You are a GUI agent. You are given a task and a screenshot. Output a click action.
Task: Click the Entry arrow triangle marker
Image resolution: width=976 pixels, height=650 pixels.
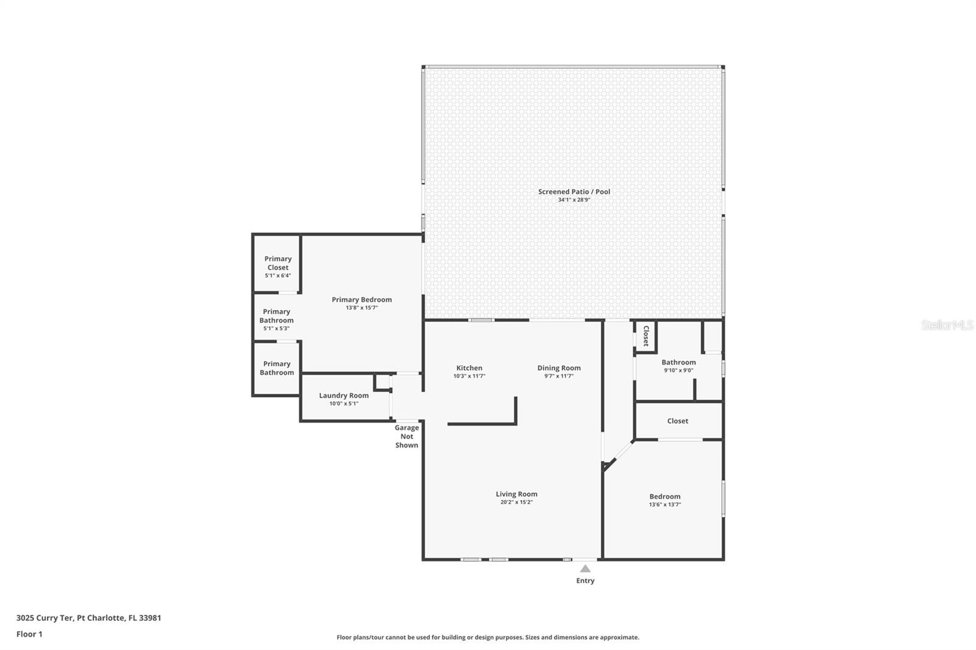click(585, 568)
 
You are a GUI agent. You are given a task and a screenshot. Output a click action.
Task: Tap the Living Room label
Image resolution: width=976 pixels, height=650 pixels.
click(516, 494)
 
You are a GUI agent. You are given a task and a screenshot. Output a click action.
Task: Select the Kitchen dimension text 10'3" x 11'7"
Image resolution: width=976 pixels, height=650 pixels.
click(469, 376)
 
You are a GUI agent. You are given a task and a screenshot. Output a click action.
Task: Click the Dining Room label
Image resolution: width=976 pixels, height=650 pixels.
click(559, 368)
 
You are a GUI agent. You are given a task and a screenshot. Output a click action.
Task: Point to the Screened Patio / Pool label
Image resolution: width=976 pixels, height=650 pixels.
click(574, 191)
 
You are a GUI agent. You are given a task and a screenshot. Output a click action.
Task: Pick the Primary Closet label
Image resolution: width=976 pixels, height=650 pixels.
click(278, 263)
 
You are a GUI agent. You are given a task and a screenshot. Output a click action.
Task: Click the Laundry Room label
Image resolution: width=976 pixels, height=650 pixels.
click(343, 395)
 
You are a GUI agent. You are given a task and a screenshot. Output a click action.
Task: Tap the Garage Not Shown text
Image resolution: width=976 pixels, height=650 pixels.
click(407, 437)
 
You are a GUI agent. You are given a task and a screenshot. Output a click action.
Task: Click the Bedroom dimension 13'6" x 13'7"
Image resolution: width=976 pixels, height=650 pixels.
click(665, 505)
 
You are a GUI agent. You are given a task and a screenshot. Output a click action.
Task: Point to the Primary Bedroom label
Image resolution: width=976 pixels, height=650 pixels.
click(362, 299)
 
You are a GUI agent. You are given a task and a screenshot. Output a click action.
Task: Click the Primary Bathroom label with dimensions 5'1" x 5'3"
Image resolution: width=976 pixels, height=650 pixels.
click(276, 316)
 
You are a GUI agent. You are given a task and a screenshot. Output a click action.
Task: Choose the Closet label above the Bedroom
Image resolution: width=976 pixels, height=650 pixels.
click(678, 421)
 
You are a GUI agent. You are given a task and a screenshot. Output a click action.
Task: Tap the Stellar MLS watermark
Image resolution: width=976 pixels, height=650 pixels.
click(947, 325)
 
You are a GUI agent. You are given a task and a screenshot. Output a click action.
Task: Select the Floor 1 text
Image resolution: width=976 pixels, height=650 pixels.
click(29, 634)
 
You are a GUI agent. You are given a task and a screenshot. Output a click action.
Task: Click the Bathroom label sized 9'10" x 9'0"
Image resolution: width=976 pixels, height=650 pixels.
click(678, 362)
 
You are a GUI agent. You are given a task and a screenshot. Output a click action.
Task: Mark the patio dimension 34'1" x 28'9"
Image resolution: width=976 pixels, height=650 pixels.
click(574, 200)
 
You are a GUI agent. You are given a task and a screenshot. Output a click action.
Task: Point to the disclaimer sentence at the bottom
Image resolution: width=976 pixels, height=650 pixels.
click(488, 637)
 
